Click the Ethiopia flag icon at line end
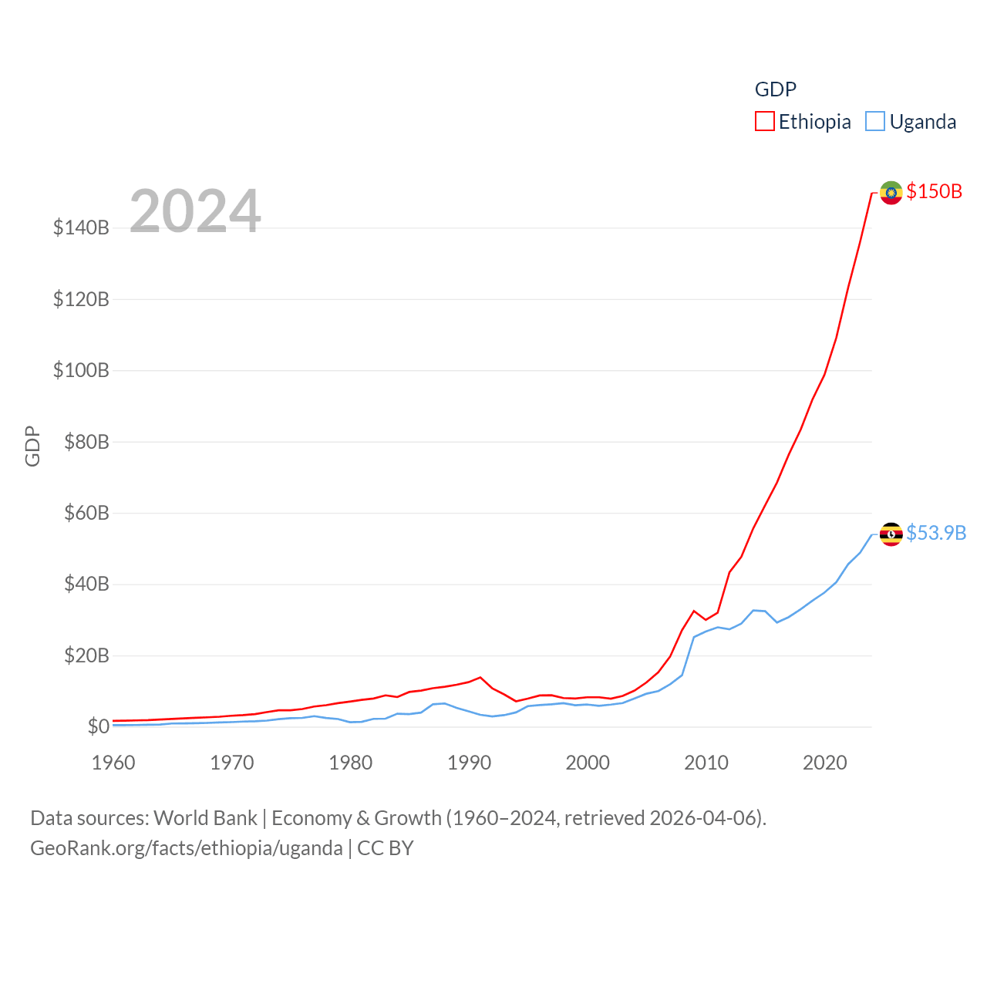[891, 193]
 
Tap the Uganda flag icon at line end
[891, 534]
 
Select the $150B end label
[935, 191]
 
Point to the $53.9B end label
[936, 533]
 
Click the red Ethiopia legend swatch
[764, 122]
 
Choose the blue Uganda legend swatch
[875, 122]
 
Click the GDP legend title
[775, 89]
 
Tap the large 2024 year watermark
[195, 211]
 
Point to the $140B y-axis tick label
[81, 227]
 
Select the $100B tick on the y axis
[81, 370]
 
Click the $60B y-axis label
[86, 513]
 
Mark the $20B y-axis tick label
[86, 655]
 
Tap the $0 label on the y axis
[98, 726]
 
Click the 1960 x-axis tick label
[113, 763]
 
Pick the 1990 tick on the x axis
[469, 763]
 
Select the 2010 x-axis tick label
[706, 763]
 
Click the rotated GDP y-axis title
[32, 446]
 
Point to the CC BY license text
[386, 848]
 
